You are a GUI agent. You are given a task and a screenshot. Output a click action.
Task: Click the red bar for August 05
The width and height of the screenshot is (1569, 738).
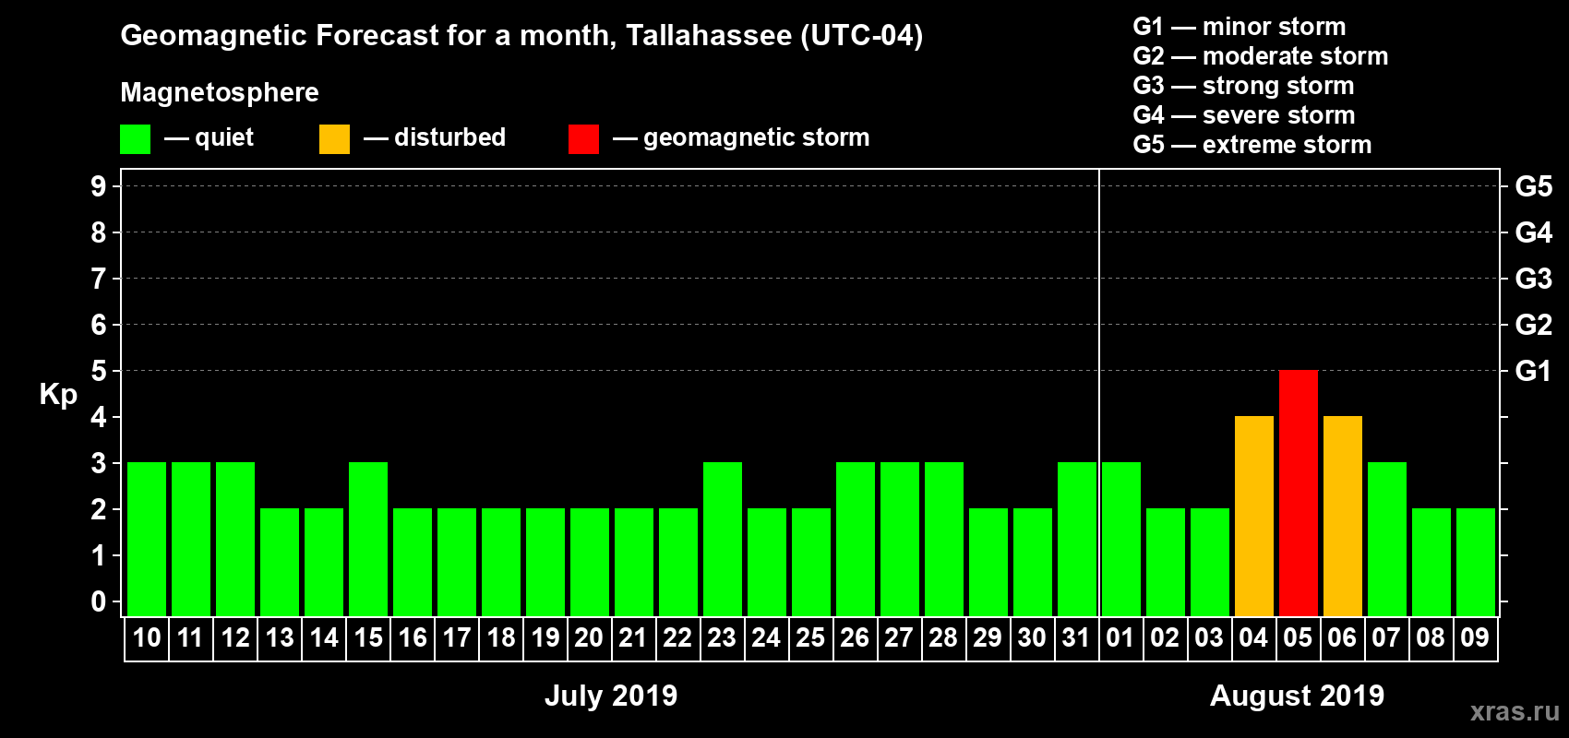pyautogui.click(x=1298, y=493)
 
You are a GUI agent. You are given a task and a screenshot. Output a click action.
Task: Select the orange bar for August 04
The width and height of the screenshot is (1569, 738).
pyautogui.click(x=1253, y=516)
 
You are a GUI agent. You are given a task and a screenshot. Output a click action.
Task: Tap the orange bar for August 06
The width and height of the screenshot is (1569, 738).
pyautogui.click(x=1342, y=516)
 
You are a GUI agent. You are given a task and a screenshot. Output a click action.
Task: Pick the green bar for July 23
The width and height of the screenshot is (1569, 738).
pyautogui.click(x=722, y=539)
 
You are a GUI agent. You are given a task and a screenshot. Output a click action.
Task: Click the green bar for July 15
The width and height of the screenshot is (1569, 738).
pyautogui.click(x=367, y=539)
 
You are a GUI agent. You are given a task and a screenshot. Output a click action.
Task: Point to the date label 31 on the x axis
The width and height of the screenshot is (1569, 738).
pyautogui.click(x=1076, y=637)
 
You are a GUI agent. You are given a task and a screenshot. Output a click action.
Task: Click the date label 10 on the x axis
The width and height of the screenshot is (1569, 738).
pyautogui.click(x=146, y=637)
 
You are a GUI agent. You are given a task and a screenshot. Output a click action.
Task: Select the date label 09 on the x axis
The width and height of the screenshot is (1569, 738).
pyautogui.click(x=1475, y=637)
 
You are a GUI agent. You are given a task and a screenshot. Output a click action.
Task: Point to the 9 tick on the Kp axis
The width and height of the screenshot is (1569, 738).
pyautogui.click(x=99, y=186)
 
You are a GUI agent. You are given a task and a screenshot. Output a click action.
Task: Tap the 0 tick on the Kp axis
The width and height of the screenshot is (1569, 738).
pyautogui.click(x=99, y=601)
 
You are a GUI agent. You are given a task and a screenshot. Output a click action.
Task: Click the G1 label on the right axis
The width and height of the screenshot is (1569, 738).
pyautogui.click(x=1533, y=371)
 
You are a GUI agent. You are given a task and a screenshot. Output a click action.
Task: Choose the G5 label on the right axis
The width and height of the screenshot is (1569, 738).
pyautogui.click(x=1533, y=186)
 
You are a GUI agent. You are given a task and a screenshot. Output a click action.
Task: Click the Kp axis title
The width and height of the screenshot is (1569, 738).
pyautogui.click(x=58, y=394)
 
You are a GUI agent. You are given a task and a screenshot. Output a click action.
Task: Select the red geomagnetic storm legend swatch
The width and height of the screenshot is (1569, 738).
pyautogui.click(x=583, y=139)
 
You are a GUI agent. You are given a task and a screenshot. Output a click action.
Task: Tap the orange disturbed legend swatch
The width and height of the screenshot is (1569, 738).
pyautogui.click(x=334, y=139)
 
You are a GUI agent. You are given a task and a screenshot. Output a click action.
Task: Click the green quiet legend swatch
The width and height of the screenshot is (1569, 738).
pyautogui.click(x=135, y=139)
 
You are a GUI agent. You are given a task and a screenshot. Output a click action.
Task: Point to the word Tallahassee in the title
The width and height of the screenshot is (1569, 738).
pyautogui.click(x=708, y=35)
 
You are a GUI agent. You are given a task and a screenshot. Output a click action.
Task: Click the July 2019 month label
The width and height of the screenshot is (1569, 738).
pyautogui.click(x=610, y=696)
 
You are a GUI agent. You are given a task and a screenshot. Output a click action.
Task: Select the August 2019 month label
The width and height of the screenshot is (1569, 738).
pyautogui.click(x=1297, y=696)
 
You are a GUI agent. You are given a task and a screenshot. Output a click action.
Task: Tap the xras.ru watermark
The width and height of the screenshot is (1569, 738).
pyautogui.click(x=1514, y=710)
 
